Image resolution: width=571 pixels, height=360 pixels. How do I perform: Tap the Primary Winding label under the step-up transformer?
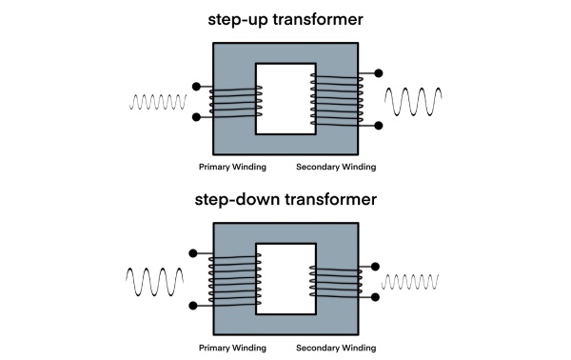(232, 167)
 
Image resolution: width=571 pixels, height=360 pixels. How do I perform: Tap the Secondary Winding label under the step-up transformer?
(336, 167)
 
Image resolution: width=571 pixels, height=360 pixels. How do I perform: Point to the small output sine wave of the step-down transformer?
(414, 282)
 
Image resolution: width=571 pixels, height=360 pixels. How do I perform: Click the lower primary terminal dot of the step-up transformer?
(196, 117)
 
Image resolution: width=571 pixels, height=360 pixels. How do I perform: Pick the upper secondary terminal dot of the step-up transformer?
(378, 72)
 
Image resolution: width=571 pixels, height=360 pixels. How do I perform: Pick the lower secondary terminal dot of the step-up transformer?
(378, 125)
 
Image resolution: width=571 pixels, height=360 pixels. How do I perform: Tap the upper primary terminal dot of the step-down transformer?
(195, 253)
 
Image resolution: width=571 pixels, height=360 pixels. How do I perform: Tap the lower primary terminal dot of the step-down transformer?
(195, 306)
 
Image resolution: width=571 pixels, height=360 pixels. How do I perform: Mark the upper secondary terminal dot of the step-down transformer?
(376, 267)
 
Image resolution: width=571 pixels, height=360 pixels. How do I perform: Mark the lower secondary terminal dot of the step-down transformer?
(376, 297)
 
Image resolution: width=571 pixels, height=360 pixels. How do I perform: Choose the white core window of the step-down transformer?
(286, 278)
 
